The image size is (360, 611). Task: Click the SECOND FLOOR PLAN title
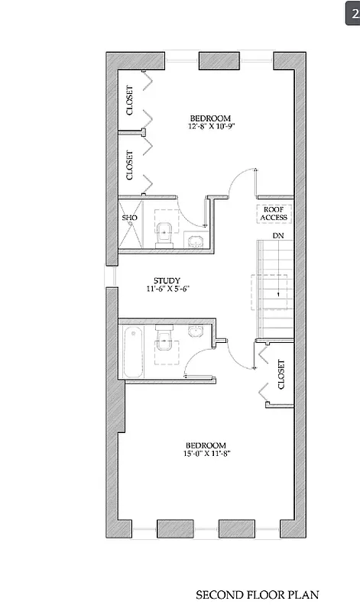(258, 594)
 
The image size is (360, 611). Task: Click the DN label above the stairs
(268, 236)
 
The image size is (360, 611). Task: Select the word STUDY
(167, 280)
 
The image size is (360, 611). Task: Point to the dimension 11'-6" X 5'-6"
(167, 289)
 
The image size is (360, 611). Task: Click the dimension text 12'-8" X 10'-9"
(210, 126)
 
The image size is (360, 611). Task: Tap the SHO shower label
(128, 218)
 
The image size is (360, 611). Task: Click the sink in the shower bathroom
(196, 242)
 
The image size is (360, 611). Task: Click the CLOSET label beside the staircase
(281, 374)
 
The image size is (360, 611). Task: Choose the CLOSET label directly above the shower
(129, 165)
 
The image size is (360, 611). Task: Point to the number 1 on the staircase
(279, 294)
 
